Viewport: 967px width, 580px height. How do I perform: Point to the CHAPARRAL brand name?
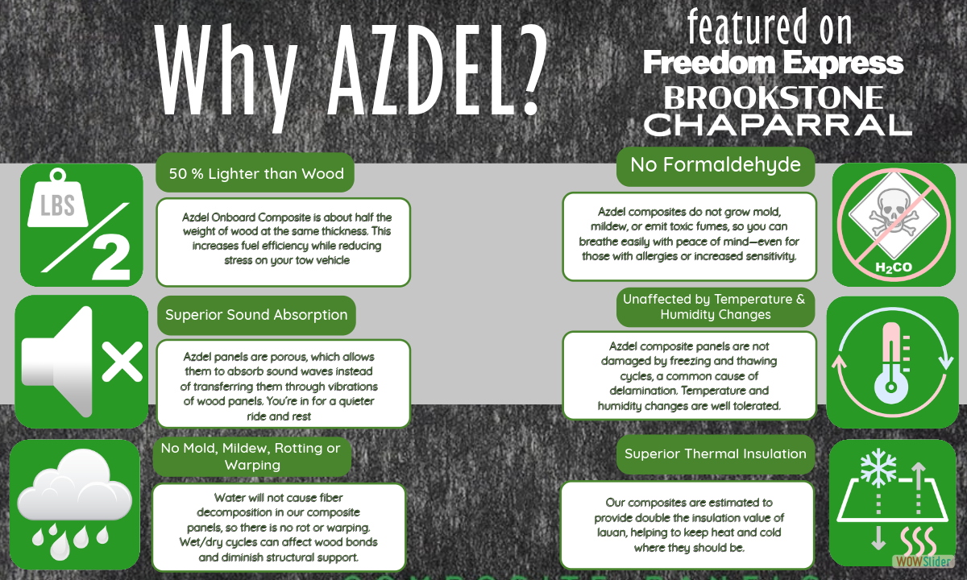[778, 123]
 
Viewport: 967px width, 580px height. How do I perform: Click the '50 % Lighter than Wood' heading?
[256, 173]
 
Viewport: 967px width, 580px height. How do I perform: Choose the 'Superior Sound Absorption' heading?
[256, 315]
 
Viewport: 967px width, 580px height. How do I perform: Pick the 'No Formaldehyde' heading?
[716, 165]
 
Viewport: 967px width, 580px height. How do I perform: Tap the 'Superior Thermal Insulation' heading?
[716, 454]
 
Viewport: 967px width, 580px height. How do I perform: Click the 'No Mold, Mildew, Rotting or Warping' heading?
[251, 456]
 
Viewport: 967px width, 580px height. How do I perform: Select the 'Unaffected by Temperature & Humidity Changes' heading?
[714, 307]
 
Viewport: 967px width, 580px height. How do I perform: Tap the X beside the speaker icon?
[122, 358]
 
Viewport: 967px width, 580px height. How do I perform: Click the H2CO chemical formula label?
[882, 266]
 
